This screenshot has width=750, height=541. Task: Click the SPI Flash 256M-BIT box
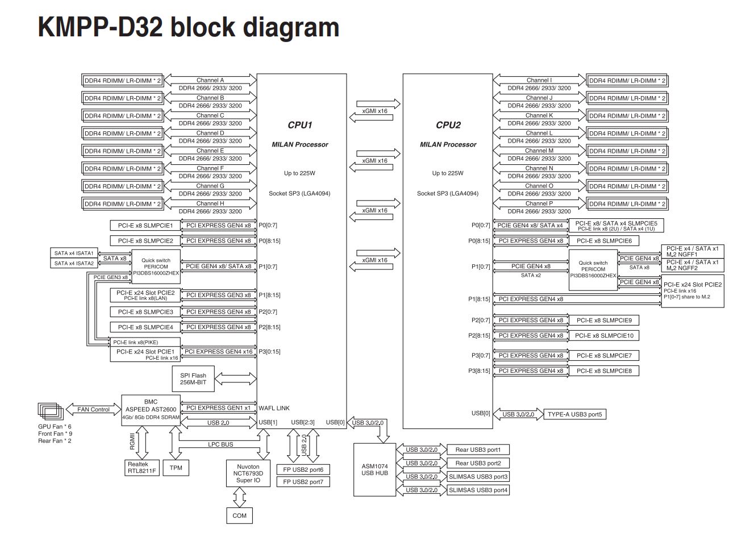(x=193, y=379)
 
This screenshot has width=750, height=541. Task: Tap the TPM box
(x=176, y=468)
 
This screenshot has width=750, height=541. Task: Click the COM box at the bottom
(x=240, y=515)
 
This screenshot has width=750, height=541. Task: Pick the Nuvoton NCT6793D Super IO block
(x=248, y=473)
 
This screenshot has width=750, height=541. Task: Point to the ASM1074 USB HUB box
(x=374, y=469)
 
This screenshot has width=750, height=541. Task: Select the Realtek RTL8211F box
(x=141, y=468)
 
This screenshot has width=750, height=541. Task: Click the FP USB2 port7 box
(x=303, y=482)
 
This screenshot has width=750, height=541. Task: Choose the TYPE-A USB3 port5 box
(x=574, y=414)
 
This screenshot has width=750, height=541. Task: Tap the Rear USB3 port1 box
(x=478, y=450)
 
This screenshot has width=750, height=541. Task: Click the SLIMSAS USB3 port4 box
(x=478, y=490)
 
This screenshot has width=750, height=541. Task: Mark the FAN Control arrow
(x=93, y=409)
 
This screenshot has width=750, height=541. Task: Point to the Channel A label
(x=210, y=80)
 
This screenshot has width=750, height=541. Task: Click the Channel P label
(x=539, y=203)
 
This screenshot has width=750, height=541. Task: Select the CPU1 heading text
(x=300, y=125)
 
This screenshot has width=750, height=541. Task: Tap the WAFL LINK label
(x=274, y=408)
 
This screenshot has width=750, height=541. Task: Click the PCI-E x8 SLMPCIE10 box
(x=604, y=336)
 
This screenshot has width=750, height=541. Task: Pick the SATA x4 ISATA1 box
(x=74, y=253)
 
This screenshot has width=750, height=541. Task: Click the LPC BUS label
(x=220, y=444)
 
